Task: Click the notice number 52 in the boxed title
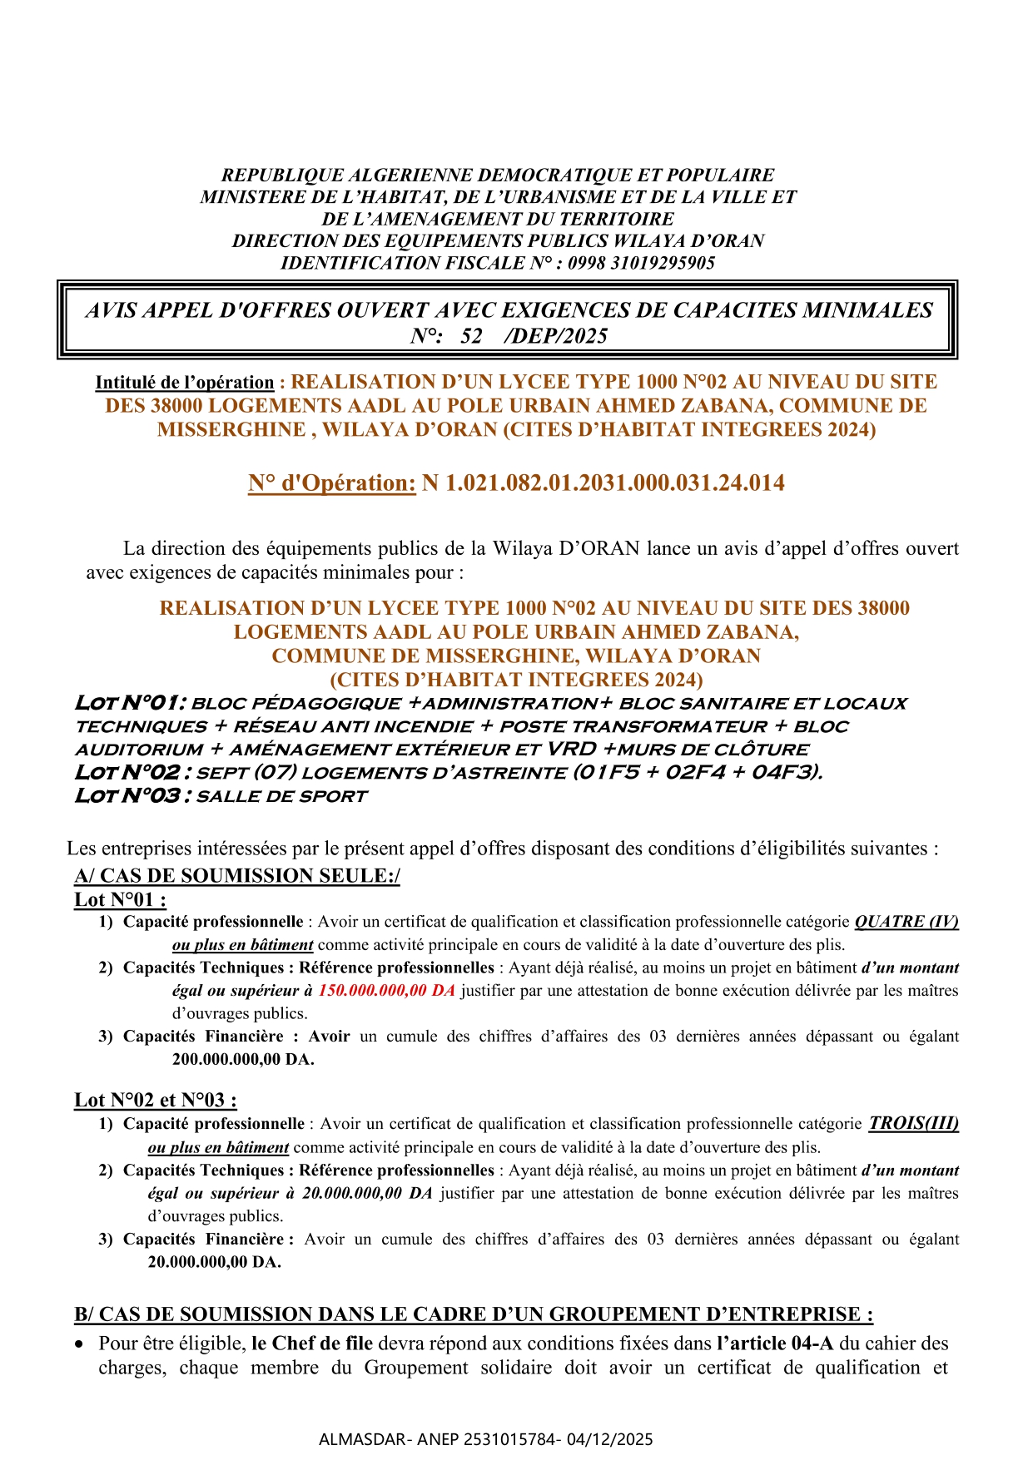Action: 471,336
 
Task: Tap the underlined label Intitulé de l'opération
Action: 185,383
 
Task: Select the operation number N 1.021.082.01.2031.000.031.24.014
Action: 603,483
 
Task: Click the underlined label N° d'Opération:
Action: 331,483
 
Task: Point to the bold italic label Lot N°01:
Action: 131,703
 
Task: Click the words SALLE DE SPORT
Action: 281,796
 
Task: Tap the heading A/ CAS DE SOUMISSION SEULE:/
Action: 237,875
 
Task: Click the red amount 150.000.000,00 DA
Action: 387,991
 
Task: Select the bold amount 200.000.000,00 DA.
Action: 243,1060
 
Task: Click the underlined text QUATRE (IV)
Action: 906,922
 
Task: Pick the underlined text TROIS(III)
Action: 913,1124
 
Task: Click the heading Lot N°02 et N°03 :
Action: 156,1100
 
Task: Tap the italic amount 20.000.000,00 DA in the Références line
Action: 367,1193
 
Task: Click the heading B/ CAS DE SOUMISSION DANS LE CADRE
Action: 474,1314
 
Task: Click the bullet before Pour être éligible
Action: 79,1344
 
